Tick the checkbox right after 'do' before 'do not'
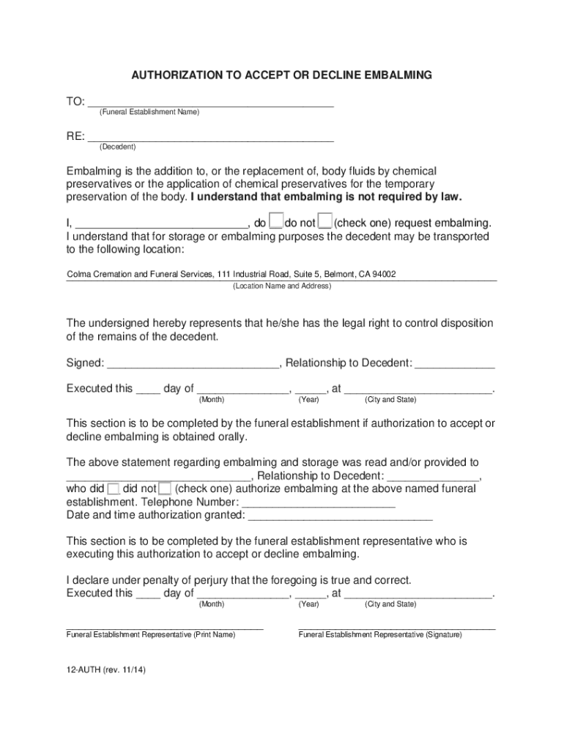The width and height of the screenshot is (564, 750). pyautogui.click(x=276, y=221)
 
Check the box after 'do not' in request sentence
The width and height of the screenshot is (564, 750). pyautogui.click(x=325, y=221)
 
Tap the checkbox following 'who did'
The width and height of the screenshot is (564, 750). pyautogui.click(x=114, y=489)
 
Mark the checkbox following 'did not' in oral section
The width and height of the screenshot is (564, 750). pyautogui.click(x=165, y=489)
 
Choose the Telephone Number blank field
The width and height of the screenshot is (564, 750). pyautogui.click(x=319, y=503)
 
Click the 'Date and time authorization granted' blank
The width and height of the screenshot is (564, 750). pyautogui.click(x=341, y=516)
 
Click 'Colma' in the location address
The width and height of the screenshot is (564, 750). pyautogui.click(x=78, y=275)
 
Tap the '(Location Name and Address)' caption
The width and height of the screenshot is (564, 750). pyautogui.click(x=282, y=286)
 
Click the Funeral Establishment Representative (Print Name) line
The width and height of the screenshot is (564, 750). pyautogui.click(x=165, y=628)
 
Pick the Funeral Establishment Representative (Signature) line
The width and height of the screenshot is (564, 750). pyautogui.click(x=396, y=628)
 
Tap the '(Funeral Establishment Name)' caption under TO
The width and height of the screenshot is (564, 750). pyautogui.click(x=149, y=112)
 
